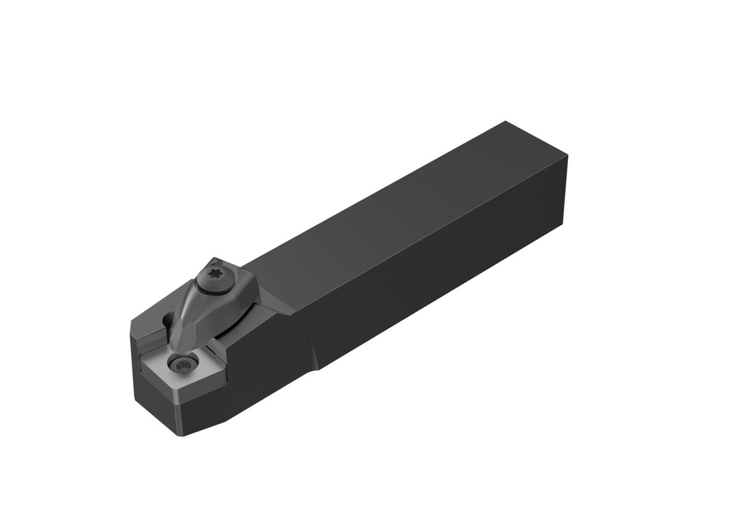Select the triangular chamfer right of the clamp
click(277, 302)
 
